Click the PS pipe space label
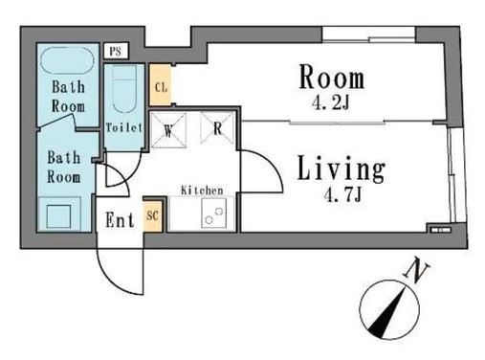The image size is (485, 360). click(x=116, y=51)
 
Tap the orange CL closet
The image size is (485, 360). click(x=161, y=85)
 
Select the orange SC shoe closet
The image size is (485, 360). click(x=153, y=215)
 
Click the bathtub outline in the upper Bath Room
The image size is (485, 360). click(x=67, y=61)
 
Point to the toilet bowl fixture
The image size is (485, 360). click(x=124, y=89)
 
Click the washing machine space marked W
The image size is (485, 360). click(x=168, y=129)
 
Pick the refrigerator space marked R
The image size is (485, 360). click(x=217, y=128)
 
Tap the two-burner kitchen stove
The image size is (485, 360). click(x=214, y=214)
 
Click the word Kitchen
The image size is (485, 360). click(x=202, y=191)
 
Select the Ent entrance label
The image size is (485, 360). click(x=120, y=219)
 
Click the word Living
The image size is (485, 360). click(x=342, y=169)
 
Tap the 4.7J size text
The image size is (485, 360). click(x=342, y=194)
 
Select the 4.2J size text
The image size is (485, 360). click(x=331, y=102)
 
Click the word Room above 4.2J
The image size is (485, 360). click(x=332, y=77)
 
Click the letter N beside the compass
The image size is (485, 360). click(x=416, y=269)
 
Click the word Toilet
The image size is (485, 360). click(x=123, y=127)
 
